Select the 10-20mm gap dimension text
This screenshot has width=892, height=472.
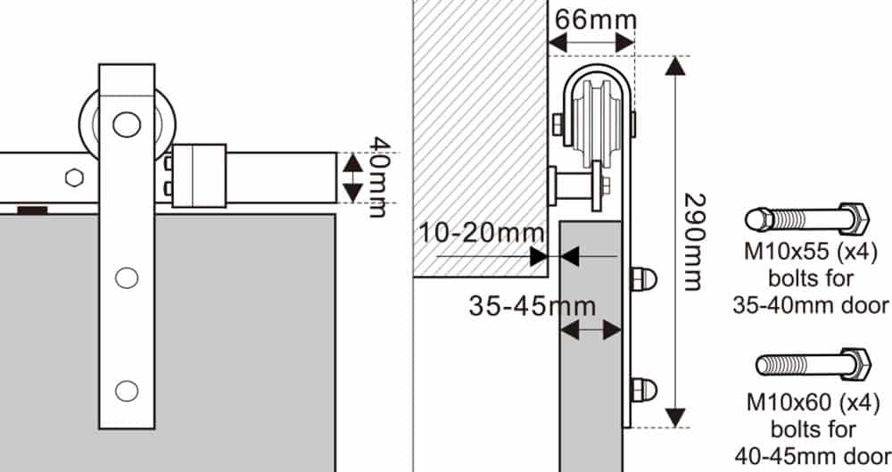click(x=471, y=234)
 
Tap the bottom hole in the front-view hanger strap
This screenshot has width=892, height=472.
click(x=128, y=389)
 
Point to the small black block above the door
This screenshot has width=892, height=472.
click(x=34, y=209)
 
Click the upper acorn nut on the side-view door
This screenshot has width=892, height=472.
click(x=643, y=278)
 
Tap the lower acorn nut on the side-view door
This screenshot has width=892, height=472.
click(x=643, y=389)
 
